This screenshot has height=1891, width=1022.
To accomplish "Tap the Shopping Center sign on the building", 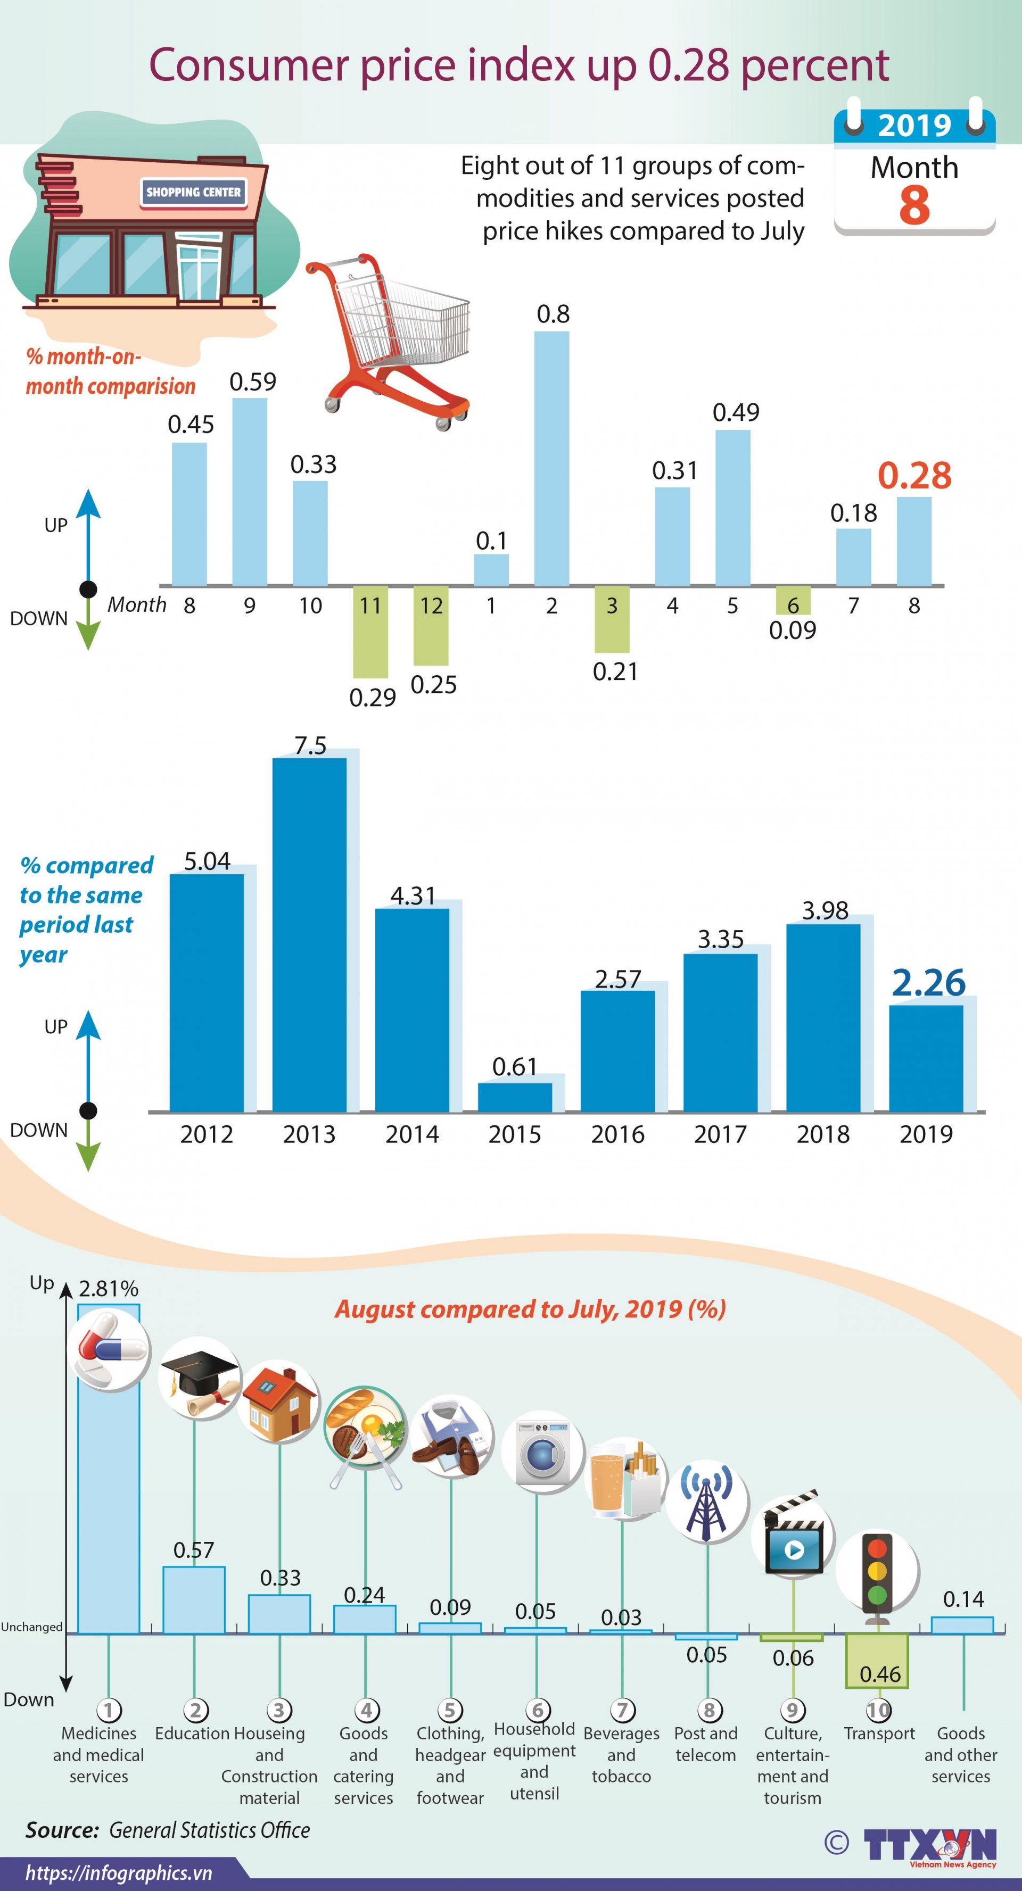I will [193, 192].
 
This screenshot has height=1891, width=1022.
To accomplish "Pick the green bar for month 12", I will [431, 625].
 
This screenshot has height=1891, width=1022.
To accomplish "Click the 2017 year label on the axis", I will [720, 1134].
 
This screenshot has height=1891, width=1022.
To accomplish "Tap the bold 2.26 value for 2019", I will [928, 983].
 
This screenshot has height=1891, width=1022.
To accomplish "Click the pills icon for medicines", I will [112, 1349].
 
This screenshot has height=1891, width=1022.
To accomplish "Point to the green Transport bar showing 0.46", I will [877, 1661].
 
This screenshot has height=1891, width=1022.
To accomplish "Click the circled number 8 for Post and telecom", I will [708, 1711].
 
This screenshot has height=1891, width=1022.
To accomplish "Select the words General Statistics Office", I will [209, 1830].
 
